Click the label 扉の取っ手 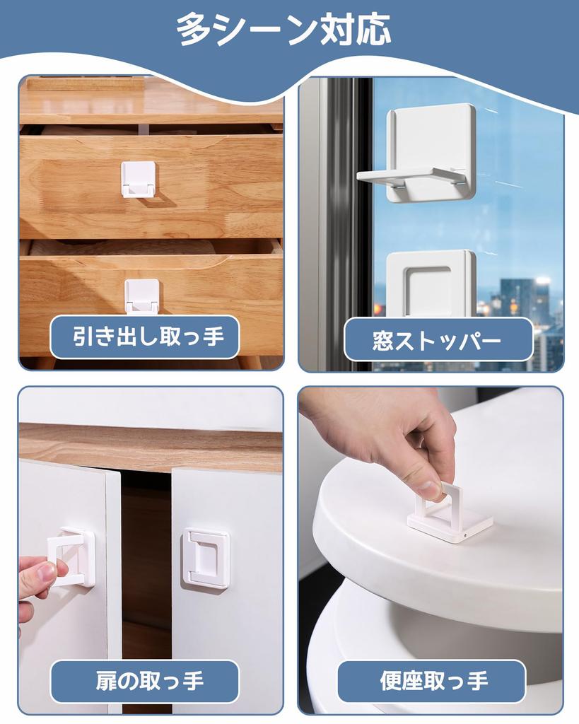pos(150,682)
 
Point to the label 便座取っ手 pos(433,682)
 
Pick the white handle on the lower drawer pos(142,296)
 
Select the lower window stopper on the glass pos(429,283)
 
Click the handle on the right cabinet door pos(206,558)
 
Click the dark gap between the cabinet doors pos(146,551)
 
